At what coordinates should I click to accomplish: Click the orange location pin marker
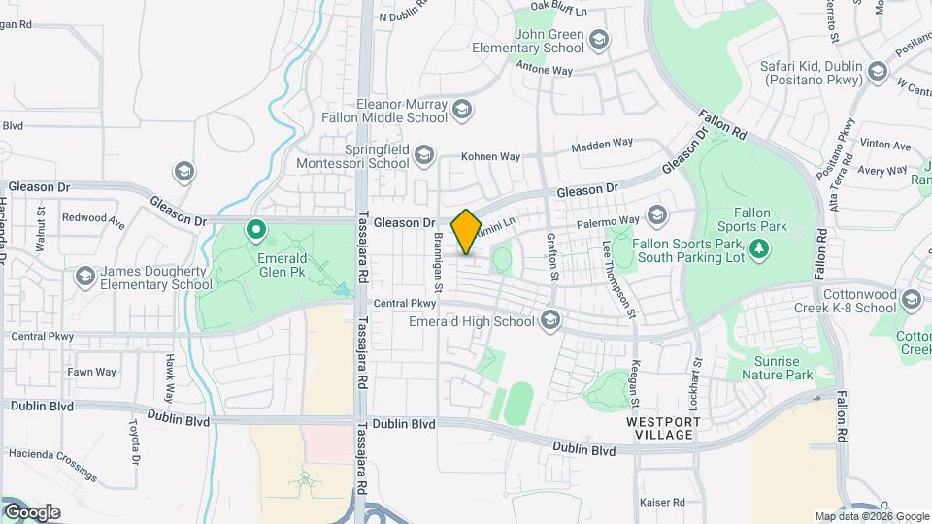466,232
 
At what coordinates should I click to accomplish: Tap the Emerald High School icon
550,321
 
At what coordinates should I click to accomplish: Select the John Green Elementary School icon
599,40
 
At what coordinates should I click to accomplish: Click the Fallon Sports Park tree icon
760,249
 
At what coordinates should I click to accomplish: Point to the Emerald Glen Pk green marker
256,230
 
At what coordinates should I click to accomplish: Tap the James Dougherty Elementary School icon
84,277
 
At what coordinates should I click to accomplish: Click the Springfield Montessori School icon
423,155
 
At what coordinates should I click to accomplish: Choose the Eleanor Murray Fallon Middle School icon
461,110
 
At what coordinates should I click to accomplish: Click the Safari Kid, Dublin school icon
878,72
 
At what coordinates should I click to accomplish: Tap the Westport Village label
660,428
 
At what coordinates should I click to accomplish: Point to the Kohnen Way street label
490,156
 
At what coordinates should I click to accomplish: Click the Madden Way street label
602,145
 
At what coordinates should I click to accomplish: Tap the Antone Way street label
544,71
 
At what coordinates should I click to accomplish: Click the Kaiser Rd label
662,503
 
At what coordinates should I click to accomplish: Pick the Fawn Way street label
92,372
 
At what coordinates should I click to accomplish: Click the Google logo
31,512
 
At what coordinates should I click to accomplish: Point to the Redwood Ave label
93,218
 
